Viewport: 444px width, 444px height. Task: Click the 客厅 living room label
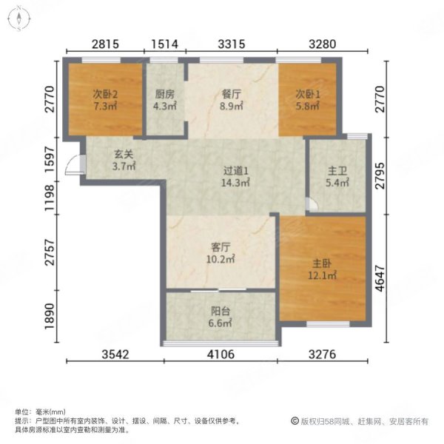tap(220, 248)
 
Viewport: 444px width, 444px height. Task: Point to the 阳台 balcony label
tap(220, 312)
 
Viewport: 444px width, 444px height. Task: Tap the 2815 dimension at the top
tap(105, 45)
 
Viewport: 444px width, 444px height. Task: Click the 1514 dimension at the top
tap(165, 45)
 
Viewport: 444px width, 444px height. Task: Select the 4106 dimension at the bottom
tap(219, 354)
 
